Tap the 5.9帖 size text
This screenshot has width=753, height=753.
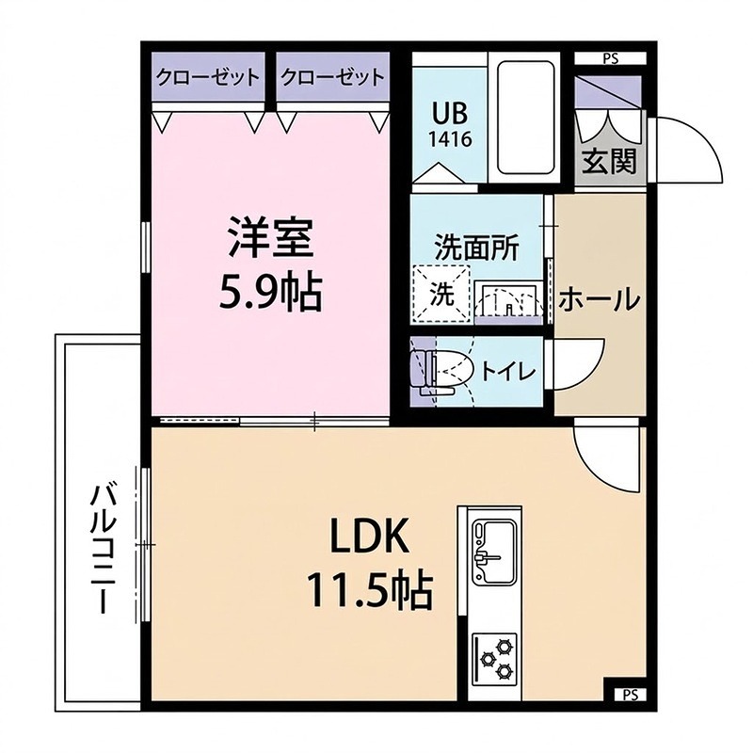click(269, 293)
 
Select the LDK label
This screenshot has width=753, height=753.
click(367, 537)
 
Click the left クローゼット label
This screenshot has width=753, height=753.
click(208, 77)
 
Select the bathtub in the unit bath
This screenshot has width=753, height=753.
click(528, 118)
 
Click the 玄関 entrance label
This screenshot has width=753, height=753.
click(608, 163)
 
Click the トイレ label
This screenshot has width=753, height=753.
click(508, 371)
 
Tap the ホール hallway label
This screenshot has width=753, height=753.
click(600, 299)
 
